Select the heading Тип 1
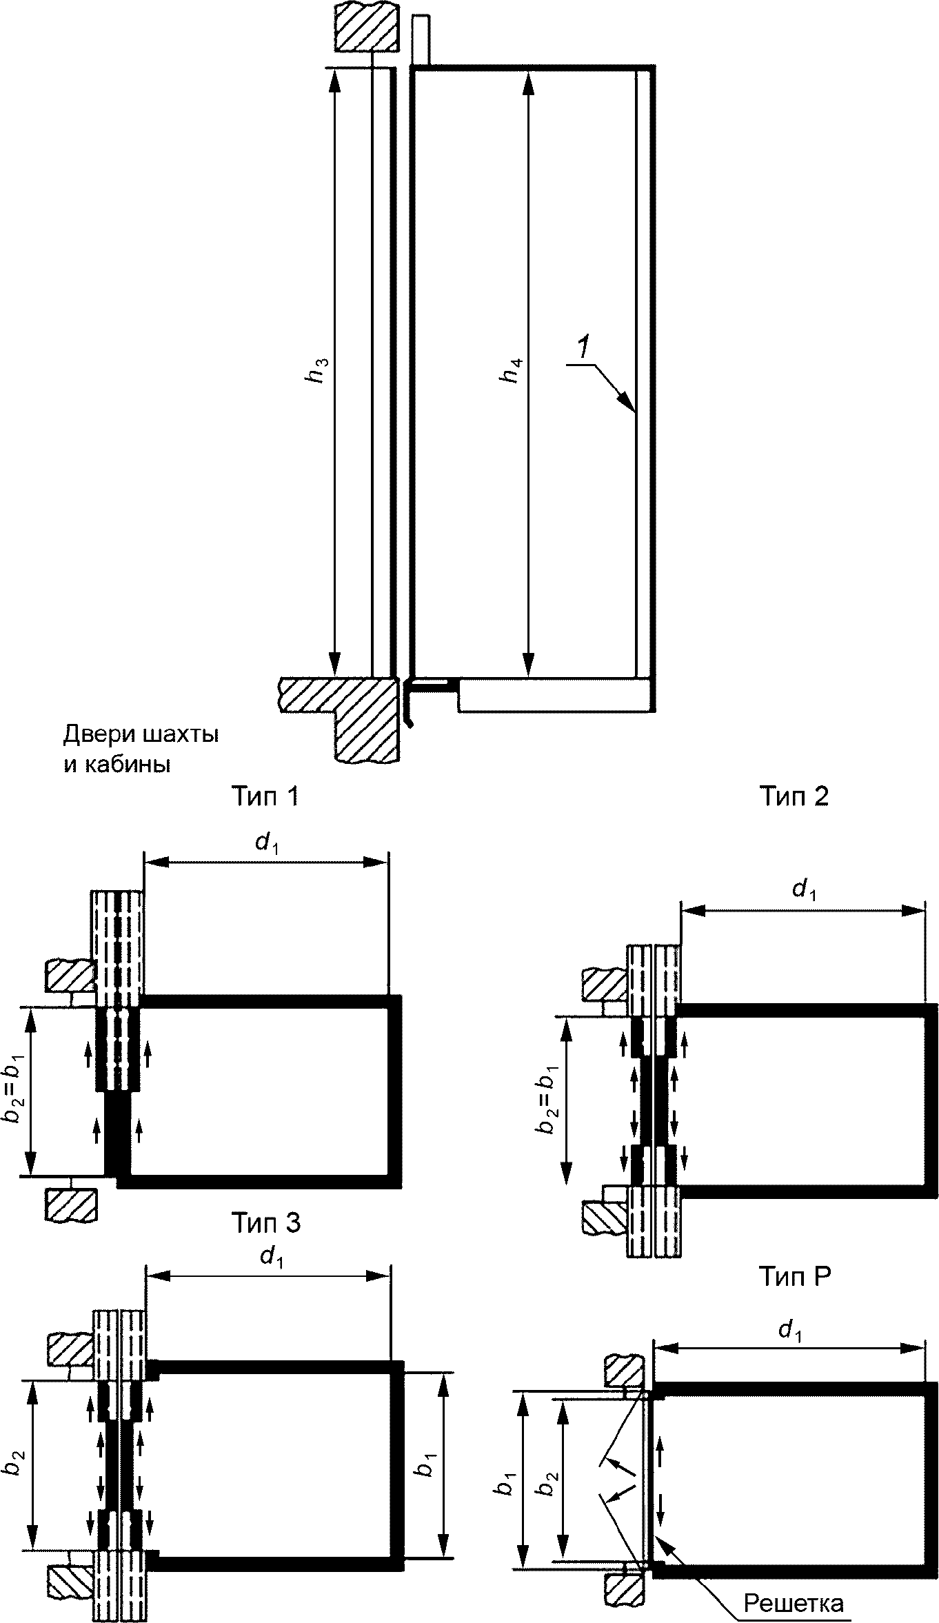[265, 797]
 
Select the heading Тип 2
[794, 797]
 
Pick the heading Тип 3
[265, 1223]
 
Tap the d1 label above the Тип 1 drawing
[266, 843]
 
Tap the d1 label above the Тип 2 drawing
[802, 891]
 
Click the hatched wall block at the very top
[367, 26]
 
